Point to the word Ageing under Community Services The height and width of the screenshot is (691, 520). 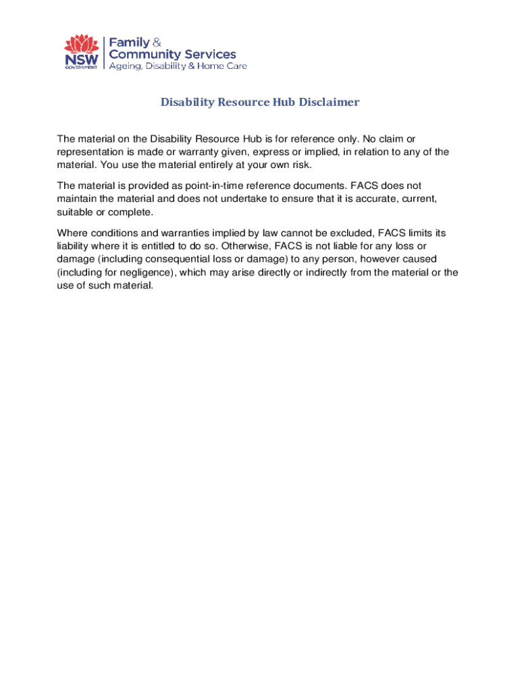(x=128, y=66)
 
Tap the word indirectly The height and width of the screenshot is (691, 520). (x=331, y=273)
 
